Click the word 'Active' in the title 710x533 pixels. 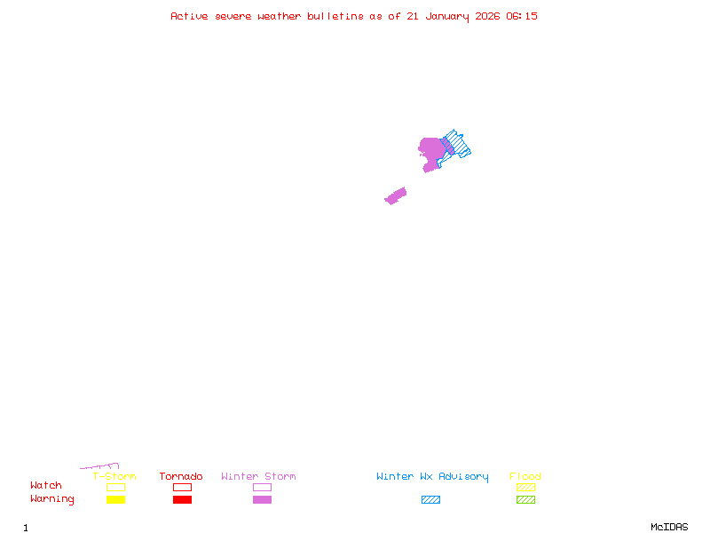189,16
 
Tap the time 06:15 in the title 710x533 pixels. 522,16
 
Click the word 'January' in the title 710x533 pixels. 447,17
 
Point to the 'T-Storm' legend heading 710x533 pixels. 114,476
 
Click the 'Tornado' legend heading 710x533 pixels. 181,476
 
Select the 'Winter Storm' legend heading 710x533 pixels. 258,476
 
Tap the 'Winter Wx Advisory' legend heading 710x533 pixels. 432,477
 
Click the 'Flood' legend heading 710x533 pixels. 525,476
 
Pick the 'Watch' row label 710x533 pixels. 46,485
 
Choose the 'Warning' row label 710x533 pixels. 52,499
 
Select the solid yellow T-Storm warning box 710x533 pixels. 116,499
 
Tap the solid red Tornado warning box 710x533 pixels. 183,499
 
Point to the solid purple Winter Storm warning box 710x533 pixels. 262,499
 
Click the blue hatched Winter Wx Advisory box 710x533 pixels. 430,499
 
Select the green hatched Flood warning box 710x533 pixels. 525,499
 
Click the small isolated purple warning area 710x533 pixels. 396,196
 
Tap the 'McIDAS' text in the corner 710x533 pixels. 669,527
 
